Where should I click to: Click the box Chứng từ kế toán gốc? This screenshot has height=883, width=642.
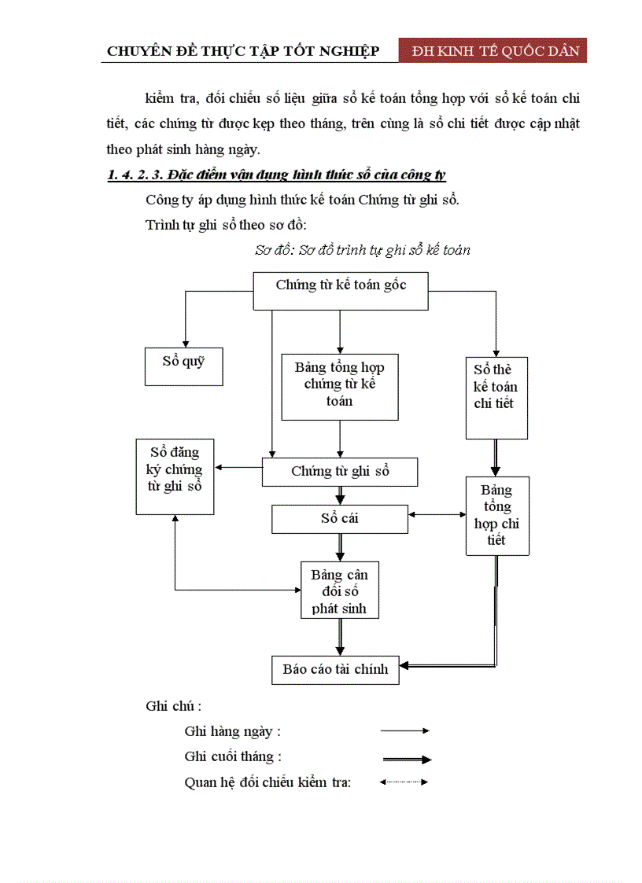(341, 290)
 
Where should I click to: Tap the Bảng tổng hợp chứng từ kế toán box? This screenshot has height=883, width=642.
(340, 385)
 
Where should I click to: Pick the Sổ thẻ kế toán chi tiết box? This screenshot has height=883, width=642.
(496, 397)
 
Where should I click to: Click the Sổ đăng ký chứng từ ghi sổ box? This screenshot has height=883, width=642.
(175, 476)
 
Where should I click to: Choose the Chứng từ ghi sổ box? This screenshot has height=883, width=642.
(339, 472)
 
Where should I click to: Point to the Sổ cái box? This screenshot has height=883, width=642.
(339, 519)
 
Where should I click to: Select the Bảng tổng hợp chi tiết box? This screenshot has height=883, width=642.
(496, 515)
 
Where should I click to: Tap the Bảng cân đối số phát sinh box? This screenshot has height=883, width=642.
(339, 591)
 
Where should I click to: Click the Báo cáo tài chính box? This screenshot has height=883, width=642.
(335, 669)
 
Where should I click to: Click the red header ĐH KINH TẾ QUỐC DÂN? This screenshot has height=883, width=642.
(493, 51)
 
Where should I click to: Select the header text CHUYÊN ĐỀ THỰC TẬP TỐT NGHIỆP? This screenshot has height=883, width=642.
(243, 52)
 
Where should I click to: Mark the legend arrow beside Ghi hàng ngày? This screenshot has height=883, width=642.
(404, 730)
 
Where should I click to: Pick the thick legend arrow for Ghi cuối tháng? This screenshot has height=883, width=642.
(407, 760)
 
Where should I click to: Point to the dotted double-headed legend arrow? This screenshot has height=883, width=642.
(404, 782)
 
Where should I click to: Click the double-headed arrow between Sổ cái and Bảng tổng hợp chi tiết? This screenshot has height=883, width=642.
(437, 515)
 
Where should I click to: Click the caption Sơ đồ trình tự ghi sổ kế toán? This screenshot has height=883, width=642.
(363, 250)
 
